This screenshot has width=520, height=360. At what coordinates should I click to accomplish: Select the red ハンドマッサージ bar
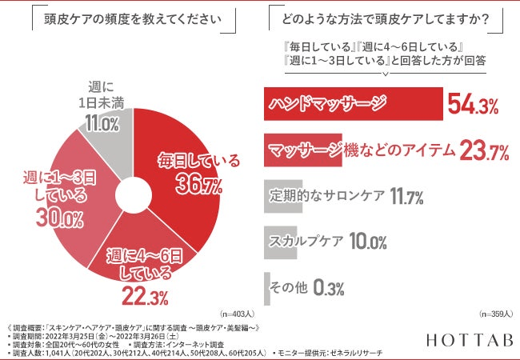(x=352, y=104)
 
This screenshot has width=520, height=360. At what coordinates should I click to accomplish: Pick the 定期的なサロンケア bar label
(x=326, y=195)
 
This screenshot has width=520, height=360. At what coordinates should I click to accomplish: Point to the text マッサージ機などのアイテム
(x=362, y=150)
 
